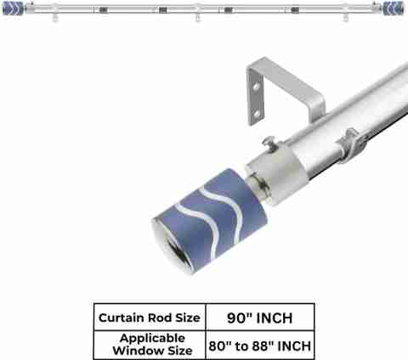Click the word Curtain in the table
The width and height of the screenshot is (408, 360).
point(122,318)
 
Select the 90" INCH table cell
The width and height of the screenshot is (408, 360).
point(260,317)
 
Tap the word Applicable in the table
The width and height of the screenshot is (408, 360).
point(152,338)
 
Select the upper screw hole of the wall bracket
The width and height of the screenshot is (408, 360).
point(256,87)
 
